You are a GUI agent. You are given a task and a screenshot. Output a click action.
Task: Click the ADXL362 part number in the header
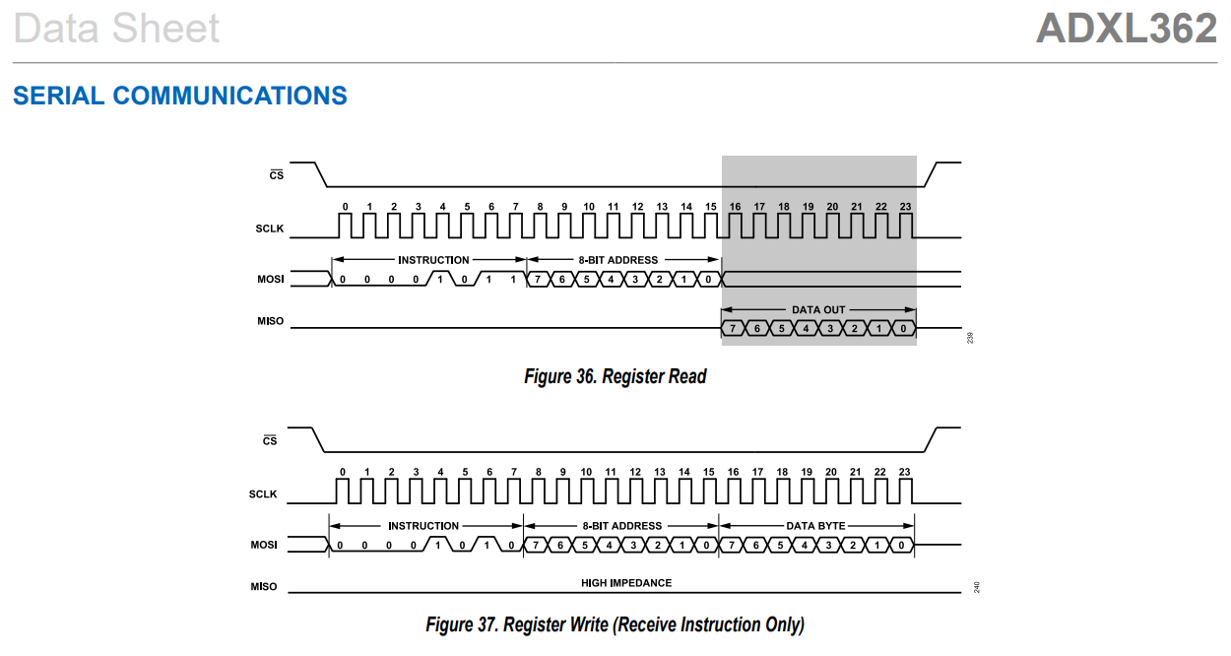[1126, 29]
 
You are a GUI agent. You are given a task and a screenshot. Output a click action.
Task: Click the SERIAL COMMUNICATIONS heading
[180, 96]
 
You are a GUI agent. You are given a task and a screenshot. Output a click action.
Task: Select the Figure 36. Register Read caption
[615, 376]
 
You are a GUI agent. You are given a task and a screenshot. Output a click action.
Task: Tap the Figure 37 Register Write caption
[615, 624]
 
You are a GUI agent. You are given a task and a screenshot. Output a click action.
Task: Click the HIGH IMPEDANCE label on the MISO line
[626, 583]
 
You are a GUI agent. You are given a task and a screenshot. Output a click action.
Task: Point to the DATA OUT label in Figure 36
[819, 309]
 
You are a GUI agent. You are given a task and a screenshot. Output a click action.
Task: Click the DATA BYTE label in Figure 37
[815, 526]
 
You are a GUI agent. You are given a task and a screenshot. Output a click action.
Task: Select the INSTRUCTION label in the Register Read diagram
[433, 260]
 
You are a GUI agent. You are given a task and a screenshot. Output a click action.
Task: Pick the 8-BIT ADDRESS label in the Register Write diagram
[620, 526]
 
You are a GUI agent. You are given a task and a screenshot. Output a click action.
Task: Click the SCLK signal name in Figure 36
[269, 230]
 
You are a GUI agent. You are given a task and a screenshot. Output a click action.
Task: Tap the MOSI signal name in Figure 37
[264, 545]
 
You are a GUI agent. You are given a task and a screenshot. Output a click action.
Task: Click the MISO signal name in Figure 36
[270, 321]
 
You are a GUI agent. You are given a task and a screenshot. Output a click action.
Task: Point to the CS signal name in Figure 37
[270, 441]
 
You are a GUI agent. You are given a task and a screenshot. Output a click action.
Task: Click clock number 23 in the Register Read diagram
[905, 207]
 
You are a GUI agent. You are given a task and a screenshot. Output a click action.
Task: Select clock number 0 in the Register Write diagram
[343, 473]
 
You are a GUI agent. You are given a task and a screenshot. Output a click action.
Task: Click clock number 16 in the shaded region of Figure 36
[735, 207]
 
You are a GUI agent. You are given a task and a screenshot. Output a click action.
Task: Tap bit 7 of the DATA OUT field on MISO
[734, 328]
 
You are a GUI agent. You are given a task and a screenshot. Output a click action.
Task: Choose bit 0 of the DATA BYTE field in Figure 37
[902, 545]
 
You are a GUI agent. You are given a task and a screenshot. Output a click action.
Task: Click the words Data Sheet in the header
[116, 29]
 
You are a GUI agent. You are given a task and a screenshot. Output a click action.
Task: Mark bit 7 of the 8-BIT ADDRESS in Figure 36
[540, 280]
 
